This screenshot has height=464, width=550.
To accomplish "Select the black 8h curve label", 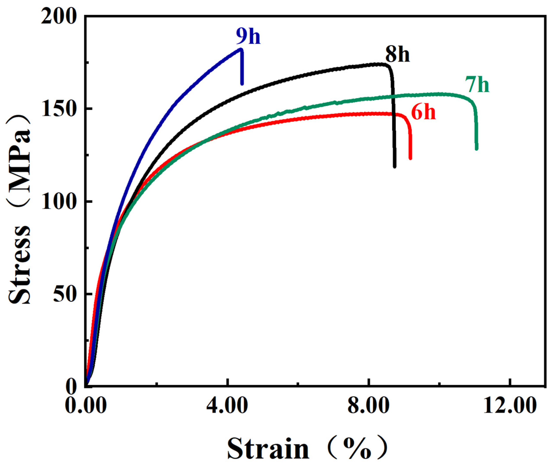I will tap(397, 55).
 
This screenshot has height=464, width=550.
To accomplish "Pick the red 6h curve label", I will tap(423, 113).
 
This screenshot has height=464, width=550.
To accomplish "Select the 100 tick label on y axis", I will tap(58, 202).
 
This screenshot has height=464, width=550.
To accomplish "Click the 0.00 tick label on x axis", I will tap(86, 406).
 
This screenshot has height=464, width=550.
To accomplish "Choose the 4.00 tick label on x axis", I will tap(227, 406).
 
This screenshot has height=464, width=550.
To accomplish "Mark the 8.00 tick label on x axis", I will tap(368, 406).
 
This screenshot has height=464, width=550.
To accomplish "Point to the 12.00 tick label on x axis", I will tap(510, 406).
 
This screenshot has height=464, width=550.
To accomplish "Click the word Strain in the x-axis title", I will tap(268, 448).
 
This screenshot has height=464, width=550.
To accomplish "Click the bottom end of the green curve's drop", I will tap(476, 149).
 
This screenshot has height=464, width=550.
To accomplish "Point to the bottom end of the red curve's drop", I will tap(410, 158).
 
